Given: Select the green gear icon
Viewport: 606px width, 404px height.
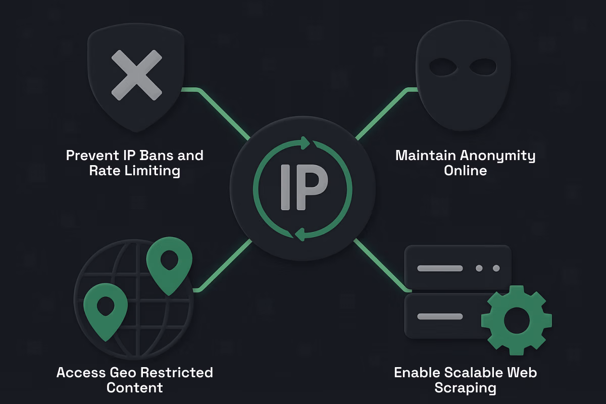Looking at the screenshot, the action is (x=516, y=319).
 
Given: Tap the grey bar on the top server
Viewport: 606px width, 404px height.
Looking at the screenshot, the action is (x=440, y=268).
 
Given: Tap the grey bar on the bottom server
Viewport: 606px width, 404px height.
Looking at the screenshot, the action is (x=440, y=317).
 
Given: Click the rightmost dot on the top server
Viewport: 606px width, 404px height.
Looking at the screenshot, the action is (x=496, y=268).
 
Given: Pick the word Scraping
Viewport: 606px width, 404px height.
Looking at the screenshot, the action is (x=465, y=388).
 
